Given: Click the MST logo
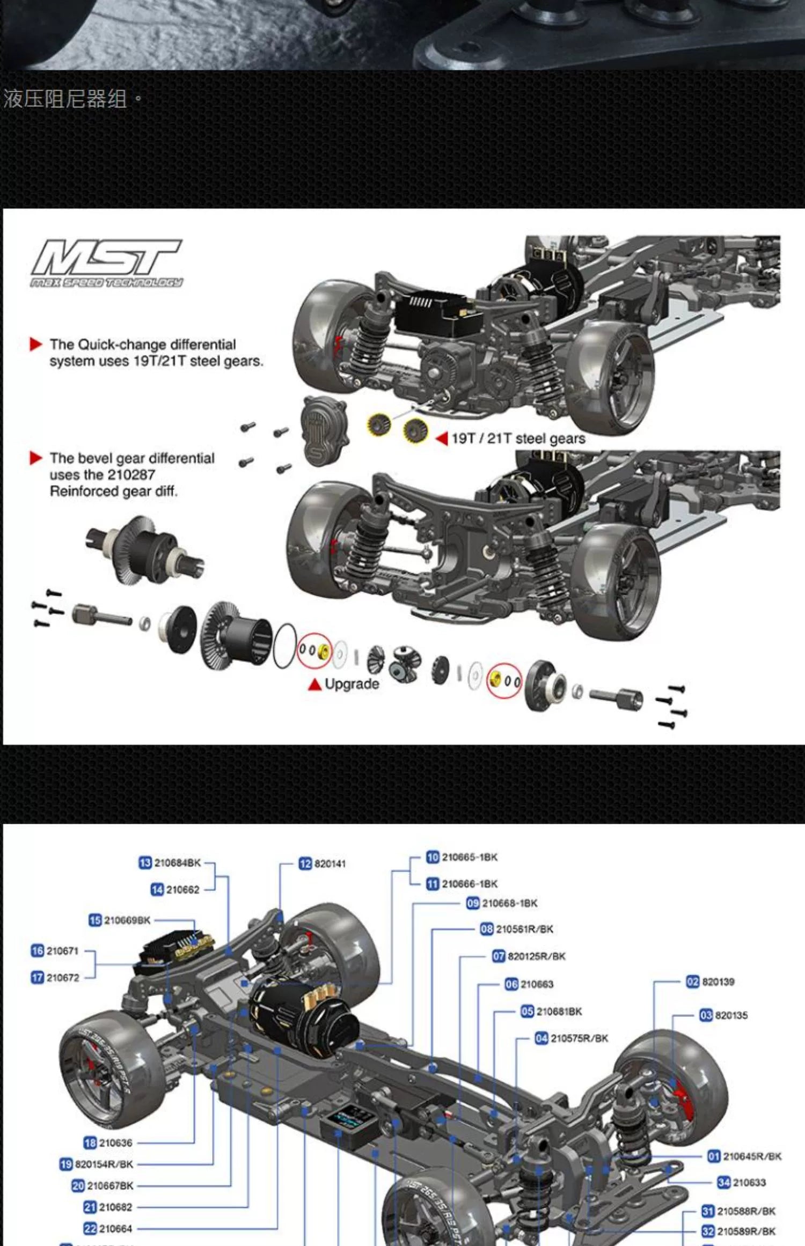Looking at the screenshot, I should (106, 263).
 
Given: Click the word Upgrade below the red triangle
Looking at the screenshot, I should (352, 684).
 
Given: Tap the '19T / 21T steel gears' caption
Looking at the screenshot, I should (518, 439).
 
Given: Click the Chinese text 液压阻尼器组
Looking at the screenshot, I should (65, 99).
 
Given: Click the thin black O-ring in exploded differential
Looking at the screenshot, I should (285, 646).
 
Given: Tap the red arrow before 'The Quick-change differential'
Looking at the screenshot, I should (36, 345).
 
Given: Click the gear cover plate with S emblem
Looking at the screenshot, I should (324, 431).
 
